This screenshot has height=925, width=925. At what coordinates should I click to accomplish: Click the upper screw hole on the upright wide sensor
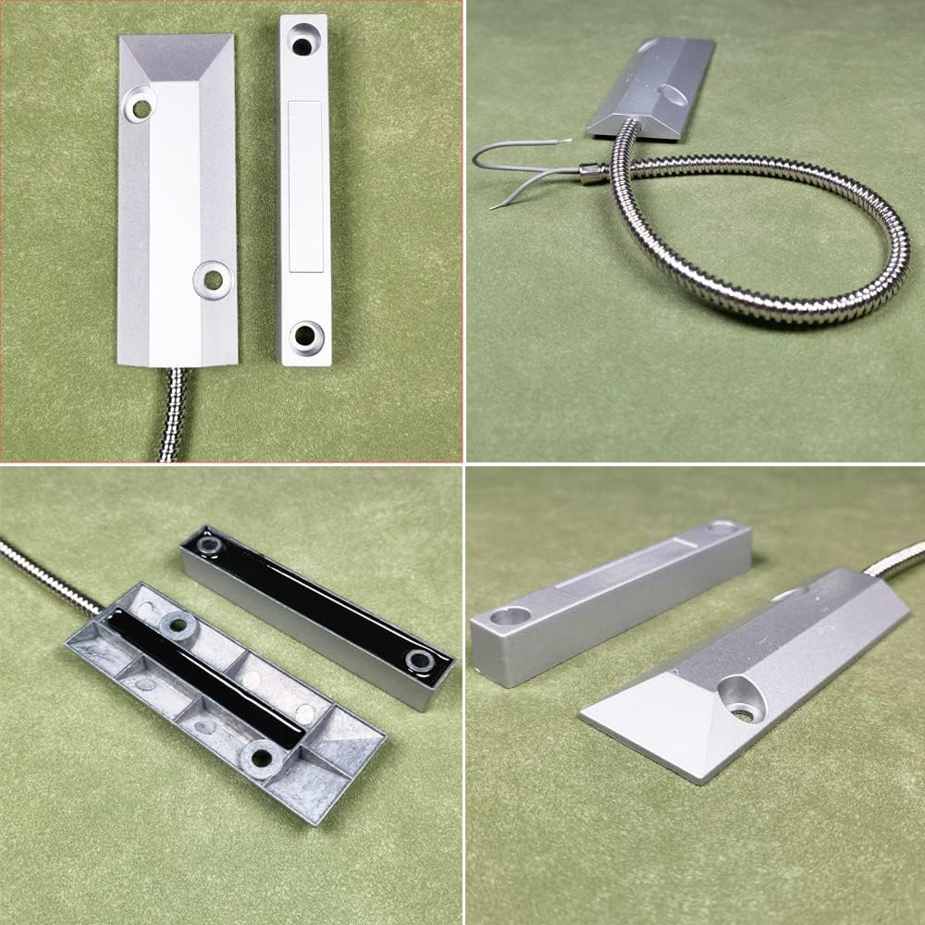141,106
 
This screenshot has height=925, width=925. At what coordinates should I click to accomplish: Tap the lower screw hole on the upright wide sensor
215,277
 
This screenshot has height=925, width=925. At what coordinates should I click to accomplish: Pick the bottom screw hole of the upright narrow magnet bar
304,334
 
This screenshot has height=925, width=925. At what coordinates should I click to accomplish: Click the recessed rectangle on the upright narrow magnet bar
305,186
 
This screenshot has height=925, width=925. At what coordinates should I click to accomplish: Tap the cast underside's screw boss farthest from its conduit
261,758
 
